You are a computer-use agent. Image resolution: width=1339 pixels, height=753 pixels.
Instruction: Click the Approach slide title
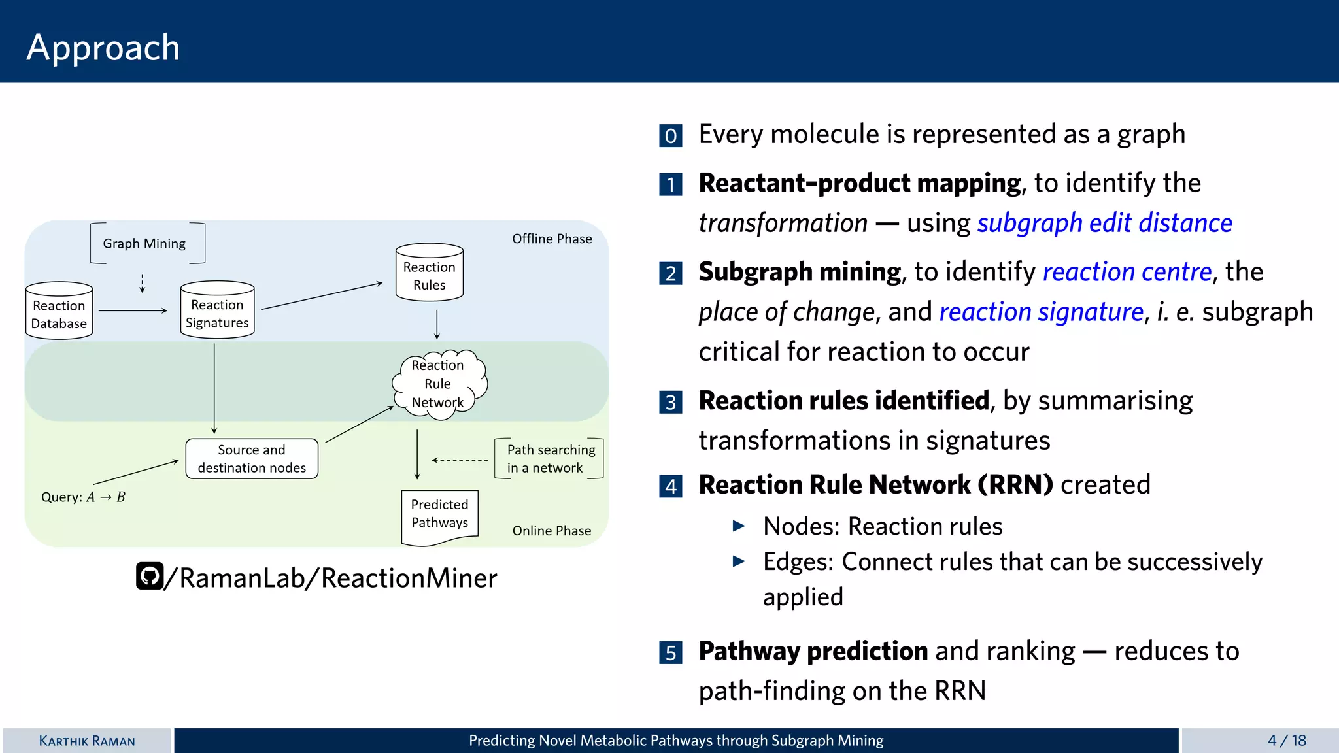click(103, 47)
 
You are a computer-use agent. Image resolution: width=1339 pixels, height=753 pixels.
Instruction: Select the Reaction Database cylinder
click(59, 312)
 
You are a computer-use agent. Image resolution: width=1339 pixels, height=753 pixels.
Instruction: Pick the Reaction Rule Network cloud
click(438, 384)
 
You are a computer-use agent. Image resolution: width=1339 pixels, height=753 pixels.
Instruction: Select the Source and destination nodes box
click(252, 459)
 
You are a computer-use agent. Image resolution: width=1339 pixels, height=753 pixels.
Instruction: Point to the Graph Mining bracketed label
click(144, 244)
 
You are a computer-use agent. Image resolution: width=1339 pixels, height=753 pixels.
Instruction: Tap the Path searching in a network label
click(551, 459)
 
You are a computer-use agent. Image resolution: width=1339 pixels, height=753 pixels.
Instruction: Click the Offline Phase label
click(552, 239)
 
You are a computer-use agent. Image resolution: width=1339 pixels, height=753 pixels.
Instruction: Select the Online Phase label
click(551, 531)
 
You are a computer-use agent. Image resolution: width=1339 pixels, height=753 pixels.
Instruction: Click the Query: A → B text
click(83, 497)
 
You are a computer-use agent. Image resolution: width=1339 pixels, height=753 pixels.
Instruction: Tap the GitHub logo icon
click(150, 577)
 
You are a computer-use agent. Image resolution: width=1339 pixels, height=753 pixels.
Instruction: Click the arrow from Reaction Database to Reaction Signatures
click(133, 310)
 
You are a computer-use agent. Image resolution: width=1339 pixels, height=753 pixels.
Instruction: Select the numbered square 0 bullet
click(671, 135)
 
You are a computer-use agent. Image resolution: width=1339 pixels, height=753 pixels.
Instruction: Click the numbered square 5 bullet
click(671, 652)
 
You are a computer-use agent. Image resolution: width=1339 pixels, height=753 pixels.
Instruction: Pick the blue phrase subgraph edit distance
click(1104, 224)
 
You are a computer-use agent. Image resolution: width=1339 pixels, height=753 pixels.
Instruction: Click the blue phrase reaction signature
click(1041, 312)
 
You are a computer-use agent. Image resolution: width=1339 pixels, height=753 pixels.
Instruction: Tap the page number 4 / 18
click(1286, 741)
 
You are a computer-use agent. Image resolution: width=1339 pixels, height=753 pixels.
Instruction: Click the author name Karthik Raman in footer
click(87, 741)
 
